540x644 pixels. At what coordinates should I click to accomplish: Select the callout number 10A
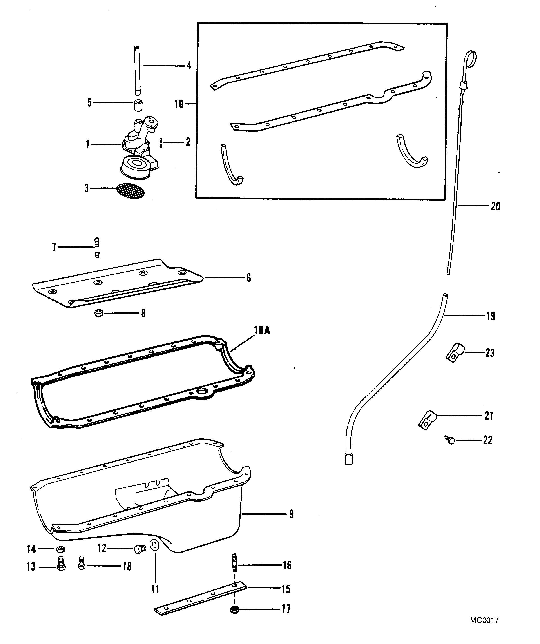point(262,331)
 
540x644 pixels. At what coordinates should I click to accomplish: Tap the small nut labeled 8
point(99,313)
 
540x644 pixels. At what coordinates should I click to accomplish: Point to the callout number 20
point(495,206)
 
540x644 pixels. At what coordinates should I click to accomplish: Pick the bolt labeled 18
point(81,563)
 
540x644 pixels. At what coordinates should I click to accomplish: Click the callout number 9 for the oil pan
point(291,514)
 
